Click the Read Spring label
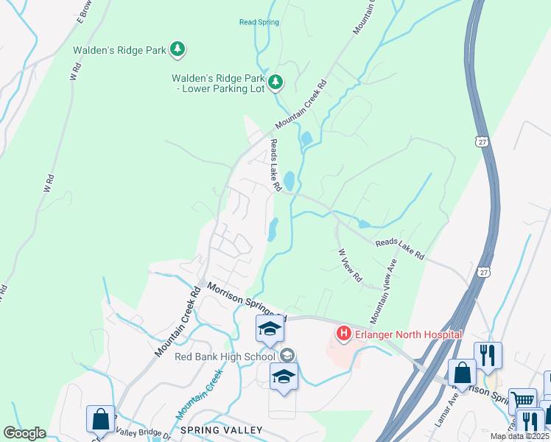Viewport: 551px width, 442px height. coord(259,22)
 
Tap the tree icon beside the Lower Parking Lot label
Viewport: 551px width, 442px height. coord(275,81)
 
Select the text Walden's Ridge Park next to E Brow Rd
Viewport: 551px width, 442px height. coord(119,50)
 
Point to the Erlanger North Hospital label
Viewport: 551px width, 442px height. coord(408,334)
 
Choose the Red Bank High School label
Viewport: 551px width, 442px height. coord(225,357)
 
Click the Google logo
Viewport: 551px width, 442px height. coord(24,433)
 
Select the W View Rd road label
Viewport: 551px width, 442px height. coord(350,266)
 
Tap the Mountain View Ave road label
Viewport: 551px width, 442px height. coord(384,292)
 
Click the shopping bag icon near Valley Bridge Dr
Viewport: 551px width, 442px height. coord(100,418)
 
